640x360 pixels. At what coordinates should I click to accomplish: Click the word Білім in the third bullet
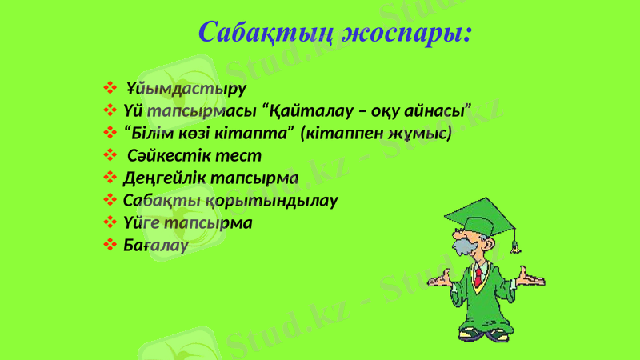point(154,131)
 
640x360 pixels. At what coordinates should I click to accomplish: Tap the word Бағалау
point(156,245)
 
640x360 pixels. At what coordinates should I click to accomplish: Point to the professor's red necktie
point(478,277)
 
